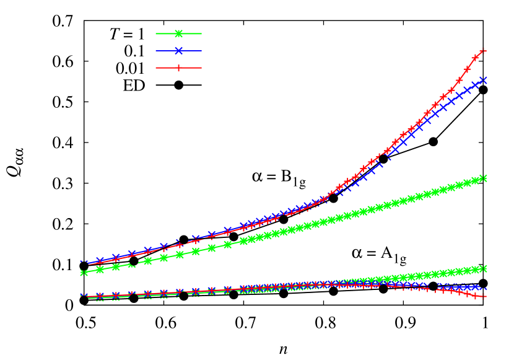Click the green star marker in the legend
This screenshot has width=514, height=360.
[x=178, y=33]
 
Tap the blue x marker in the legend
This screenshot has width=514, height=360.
[x=178, y=51]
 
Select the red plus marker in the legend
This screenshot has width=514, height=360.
[x=178, y=68]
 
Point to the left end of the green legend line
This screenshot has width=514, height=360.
[x=156, y=33]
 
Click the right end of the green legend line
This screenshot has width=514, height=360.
[x=201, y=33]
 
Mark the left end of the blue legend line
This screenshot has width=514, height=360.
[x=156, y=51]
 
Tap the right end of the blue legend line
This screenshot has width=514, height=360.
[x=201, y=51]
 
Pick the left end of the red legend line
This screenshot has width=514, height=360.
[x=156, y=68]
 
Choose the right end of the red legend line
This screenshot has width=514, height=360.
[x=201, y=68]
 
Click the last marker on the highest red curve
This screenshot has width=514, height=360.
[x=484, y=50]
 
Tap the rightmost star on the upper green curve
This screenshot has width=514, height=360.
[x=484, y=178]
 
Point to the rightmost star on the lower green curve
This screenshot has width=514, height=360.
[x=484, y=268]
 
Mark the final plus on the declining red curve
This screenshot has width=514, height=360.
[x=484, y=297]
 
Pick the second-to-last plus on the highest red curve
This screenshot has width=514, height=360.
[x=476, y=58]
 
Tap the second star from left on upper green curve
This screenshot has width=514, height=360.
[x=100, y=270]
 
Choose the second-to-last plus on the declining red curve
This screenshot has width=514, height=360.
[x=476, y=296]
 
